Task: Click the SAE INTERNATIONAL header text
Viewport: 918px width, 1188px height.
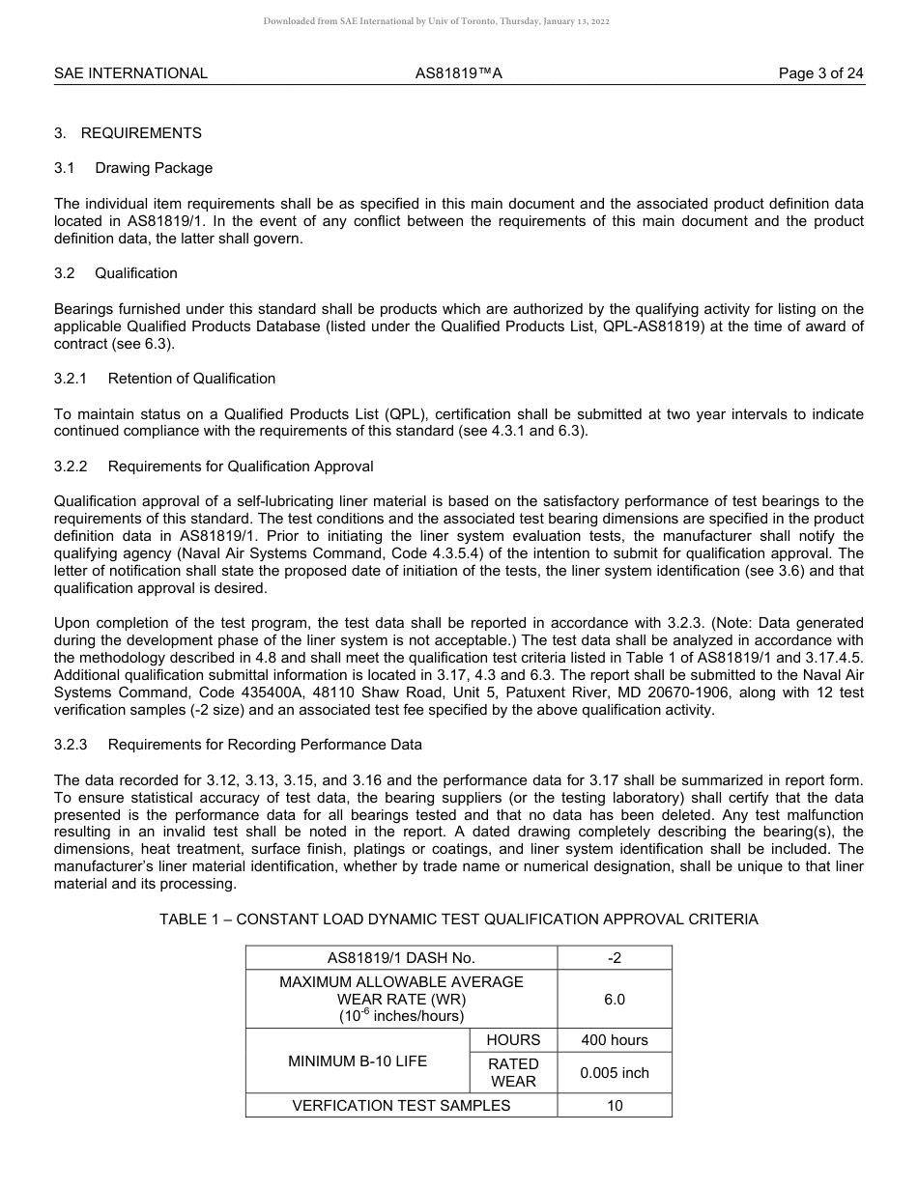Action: click(x=130, y=73)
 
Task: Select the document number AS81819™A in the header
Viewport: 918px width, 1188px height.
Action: click(x=452, y=73)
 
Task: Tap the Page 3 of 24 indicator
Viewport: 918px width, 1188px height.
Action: click(x=821, y=73)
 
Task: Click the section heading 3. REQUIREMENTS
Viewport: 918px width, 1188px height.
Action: click(x=129, y=133)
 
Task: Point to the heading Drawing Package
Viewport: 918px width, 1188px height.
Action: click(x=154, y=168)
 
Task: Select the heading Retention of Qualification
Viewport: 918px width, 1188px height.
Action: click(x=191, y=379)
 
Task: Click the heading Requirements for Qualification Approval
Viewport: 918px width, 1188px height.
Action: click(x=241, y=467)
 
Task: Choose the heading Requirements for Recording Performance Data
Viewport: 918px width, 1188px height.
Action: click(x=265, y=745)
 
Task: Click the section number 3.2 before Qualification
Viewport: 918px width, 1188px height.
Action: click(x=65, y=273)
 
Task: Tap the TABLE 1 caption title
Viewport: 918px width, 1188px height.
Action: click(x=459, y=919)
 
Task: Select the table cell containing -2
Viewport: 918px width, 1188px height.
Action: click(x=615, y=958)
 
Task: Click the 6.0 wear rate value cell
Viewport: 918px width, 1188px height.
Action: click(x=615, y=1000)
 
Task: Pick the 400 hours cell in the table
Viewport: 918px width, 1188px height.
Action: click(x=615, y=1040)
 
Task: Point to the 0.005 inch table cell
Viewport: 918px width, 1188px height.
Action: click(x=615, y=1073)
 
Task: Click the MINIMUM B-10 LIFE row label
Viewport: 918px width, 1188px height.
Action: click(x=358, y=1061)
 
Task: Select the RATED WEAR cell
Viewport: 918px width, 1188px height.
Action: click(x=513, y=1073)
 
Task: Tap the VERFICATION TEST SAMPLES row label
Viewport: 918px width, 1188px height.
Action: click(x=401, y=1106)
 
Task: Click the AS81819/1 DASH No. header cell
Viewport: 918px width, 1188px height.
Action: click(x=401, y=958)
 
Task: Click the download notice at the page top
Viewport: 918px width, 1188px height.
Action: click(x=436, y=21)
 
